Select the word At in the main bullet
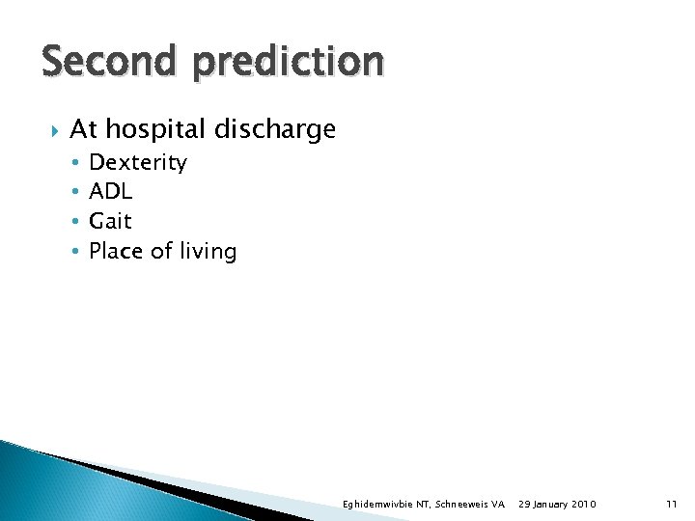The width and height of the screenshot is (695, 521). pyautogui.click(x=83, y=128)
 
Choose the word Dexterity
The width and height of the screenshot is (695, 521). pyautogui.click(x=138, y=163)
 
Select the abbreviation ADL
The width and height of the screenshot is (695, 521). pyautogui.click(x=110, y=191)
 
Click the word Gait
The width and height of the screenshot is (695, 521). pyautogui.click(x=110, y=221)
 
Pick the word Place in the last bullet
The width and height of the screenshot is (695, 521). pyautogui.click(x=117, y=251)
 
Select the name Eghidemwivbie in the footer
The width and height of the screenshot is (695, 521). pyautogui.click(x=382, y=505)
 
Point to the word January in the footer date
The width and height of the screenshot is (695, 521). pyautogui.click(x=553, y=505)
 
